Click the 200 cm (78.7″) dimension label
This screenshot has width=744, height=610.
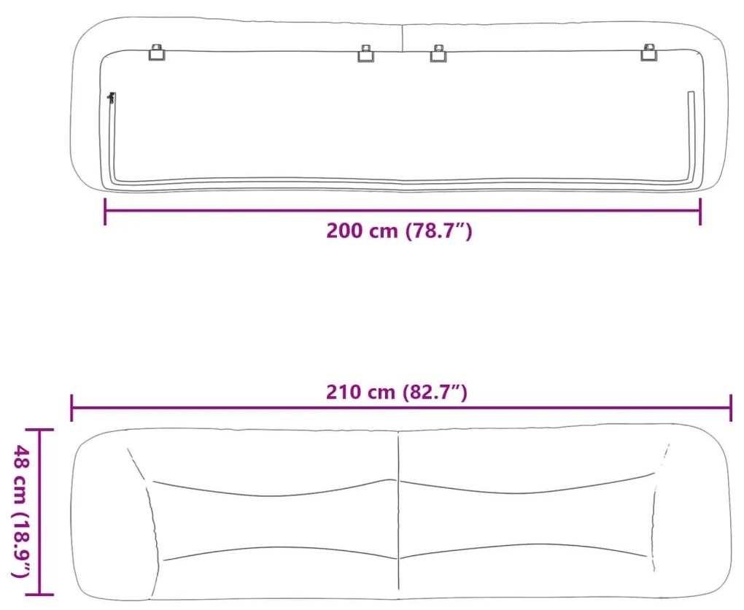tap(399, 231)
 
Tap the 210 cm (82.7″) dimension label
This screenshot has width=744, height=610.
tap(397, 392)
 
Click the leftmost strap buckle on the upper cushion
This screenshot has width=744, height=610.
tap(157, 52)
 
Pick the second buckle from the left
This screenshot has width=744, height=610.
tap(365, 53)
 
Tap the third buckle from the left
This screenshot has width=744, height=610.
tap(438, 53)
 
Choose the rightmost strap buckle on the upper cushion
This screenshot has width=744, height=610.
tap(648, 52)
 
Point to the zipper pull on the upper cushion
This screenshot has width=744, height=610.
tap(111, 99)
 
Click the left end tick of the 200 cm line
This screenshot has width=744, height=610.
tap(105, 212)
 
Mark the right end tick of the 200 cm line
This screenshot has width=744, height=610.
tap(700, 212)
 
